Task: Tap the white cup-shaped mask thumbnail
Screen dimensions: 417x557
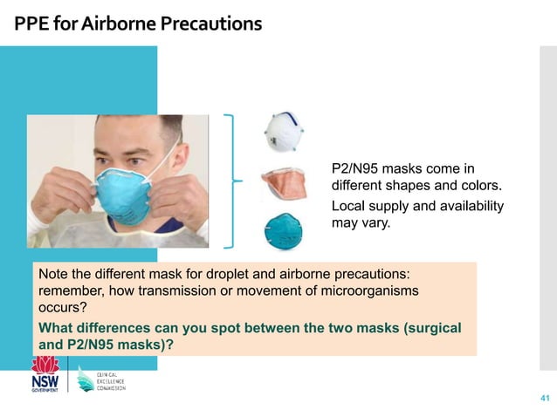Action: coord(284,132)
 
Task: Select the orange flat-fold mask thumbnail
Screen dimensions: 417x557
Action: coord(284,183)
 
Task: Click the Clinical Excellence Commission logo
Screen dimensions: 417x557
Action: coord(102,379)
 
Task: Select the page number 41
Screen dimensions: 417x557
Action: coord(545,399)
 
